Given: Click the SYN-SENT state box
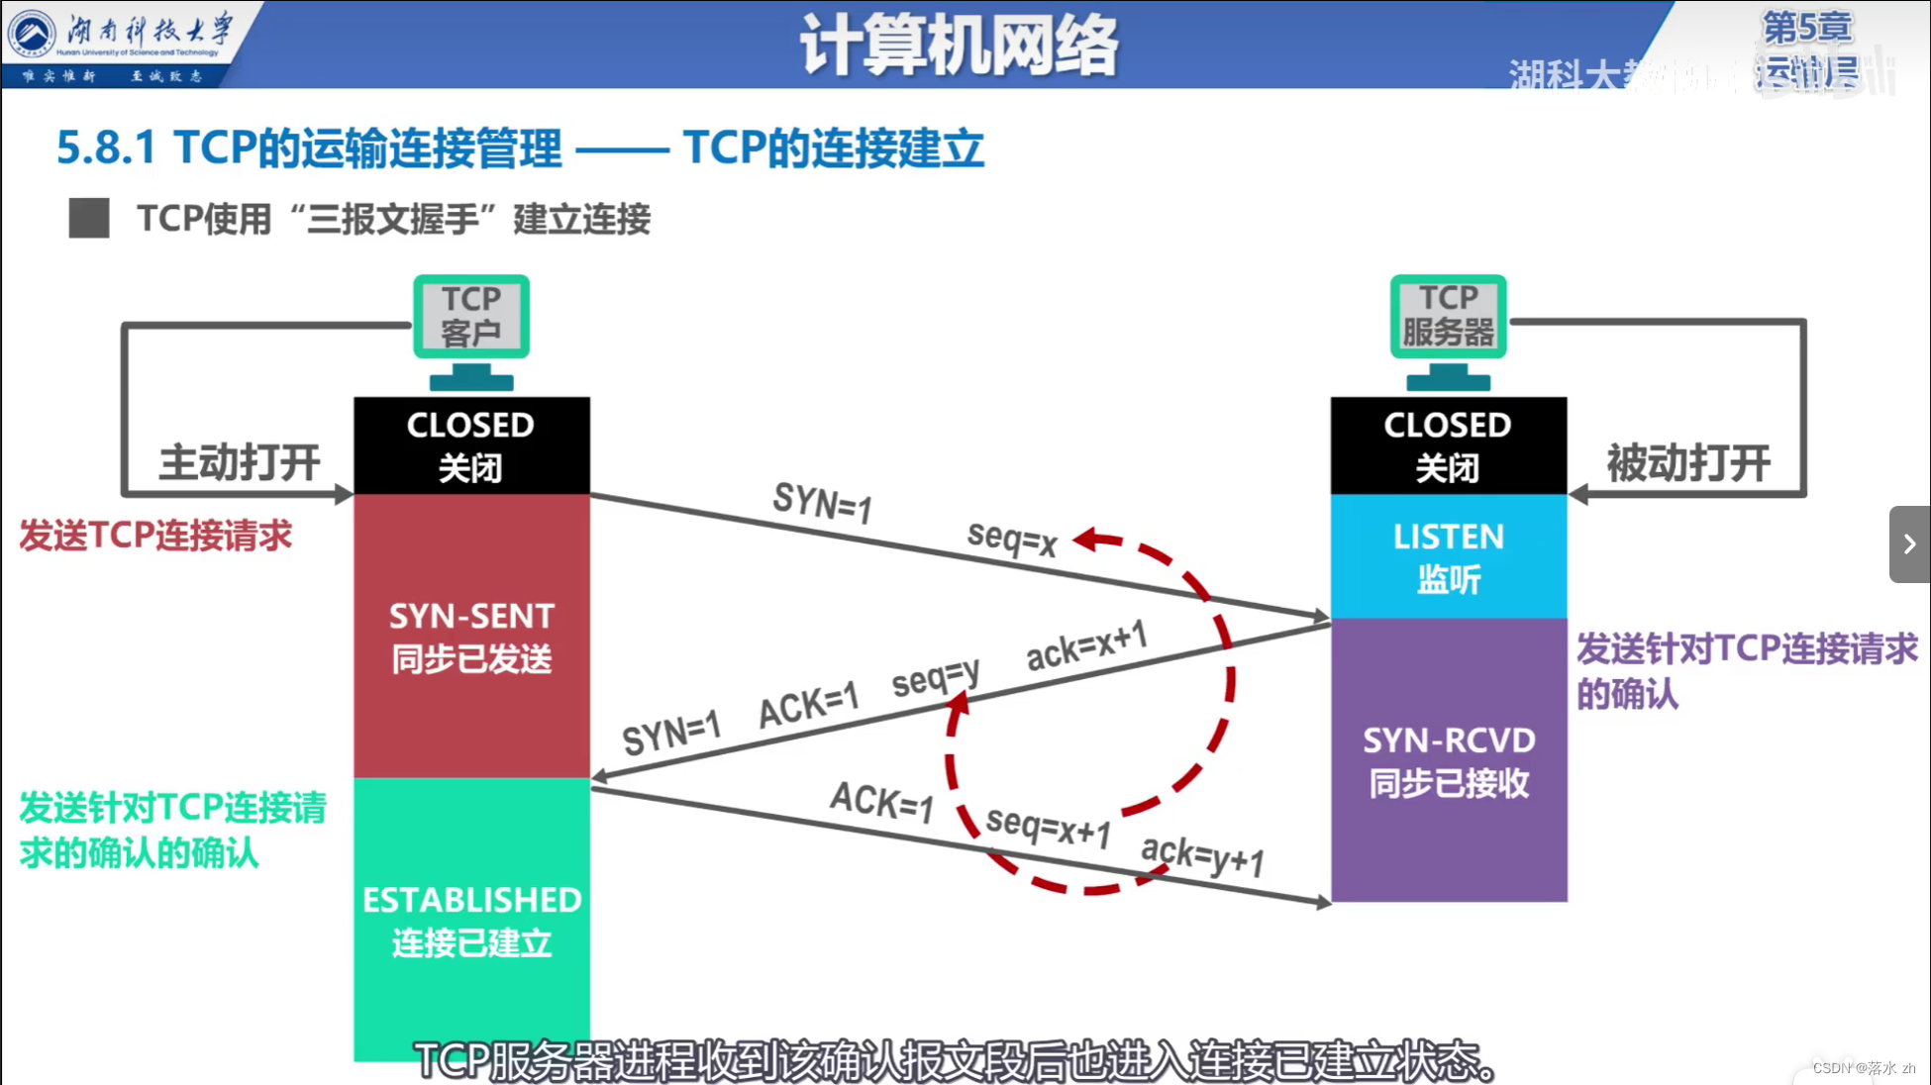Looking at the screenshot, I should pyautogui.click(x=471, y=636).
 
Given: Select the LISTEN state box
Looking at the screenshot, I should pyautogui.click(x=1448, y=556).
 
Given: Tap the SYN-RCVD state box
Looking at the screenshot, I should pyautogui.click(x=1448, y=760).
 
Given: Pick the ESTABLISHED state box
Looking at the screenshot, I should pyautogui.click(x=471, y=919).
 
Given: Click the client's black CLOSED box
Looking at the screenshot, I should pyautogui.click(x=471, y=445).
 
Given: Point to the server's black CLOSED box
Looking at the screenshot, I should pyautogui.click(x=1448, y=445).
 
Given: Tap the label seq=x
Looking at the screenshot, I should pyautogui.click(x=1012, y=539).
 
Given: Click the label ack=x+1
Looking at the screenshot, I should pyautogui.click(x=1086, y=645).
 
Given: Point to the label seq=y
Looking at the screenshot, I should pyautogui.click(x=935, y=677).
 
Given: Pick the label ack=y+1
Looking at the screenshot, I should pyautogui.click(x=1202, y=855).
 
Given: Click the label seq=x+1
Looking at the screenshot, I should pyautogui.click(x=1048, y=826).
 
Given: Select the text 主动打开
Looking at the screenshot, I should pyautogui.click(x=240, y=462).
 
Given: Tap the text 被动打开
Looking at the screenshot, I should pyautogui.click(x=1688, y=462).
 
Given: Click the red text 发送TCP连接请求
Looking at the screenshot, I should pyautogui.click(x=155, y=536).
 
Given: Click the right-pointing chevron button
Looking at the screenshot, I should pyautogui.click(x=1909, y=543).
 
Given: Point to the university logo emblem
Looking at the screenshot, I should pyautogui.click(x=32, y=34).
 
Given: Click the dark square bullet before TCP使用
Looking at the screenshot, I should pyautogui.click(x=89, y=218).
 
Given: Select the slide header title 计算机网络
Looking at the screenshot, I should pyautogui.click(x=959, y=46).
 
